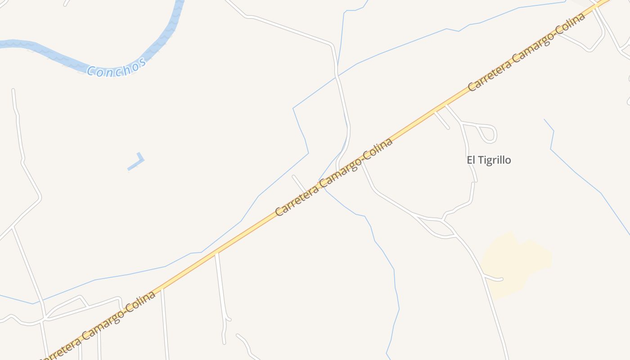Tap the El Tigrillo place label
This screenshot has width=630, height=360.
[489, 160]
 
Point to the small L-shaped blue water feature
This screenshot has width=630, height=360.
[136, 162]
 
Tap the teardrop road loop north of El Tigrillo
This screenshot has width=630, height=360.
[488, 133]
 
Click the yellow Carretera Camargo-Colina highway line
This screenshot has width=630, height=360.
[243, 234]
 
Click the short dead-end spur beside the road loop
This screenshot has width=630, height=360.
[441, 120]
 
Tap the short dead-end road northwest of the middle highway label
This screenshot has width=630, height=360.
[299, 184]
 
